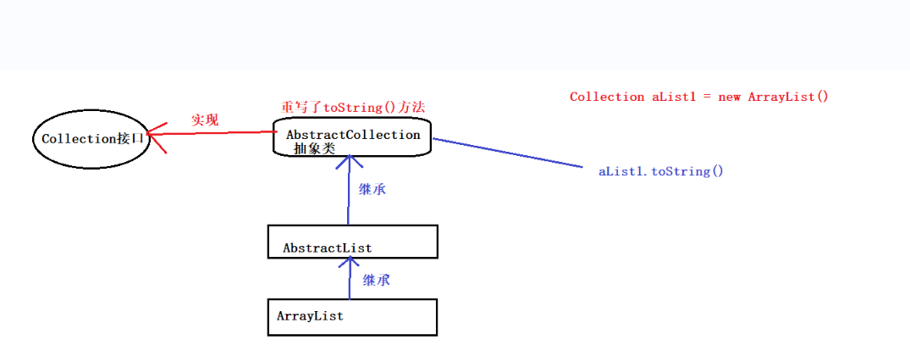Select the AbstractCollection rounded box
click(x=352, y=136)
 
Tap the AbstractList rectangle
click(x=352, y=242)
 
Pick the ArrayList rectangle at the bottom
click(x=352, y=316)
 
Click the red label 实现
click(x=204, y=120)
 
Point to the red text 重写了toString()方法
click(x=352, y=108)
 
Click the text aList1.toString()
click(x=661, y=171)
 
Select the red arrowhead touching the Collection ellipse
click(x=155, y=134)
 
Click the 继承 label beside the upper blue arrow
click(x=372, y=190)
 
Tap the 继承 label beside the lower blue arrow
click(x=377, y=280)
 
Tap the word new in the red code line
click(x=729, y=97)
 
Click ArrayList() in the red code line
click(x=788, y=97)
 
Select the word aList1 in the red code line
click(x=675, y=97)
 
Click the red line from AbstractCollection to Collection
click(x=220, y=132)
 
